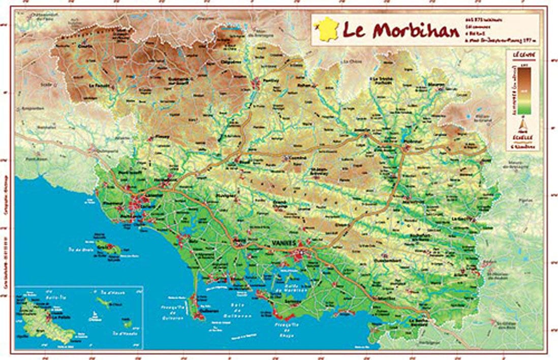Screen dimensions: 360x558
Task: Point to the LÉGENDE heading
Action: point(523,53)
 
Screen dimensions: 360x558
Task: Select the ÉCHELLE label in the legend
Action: point(524,137)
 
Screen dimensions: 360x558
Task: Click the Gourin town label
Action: point(83,44)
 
